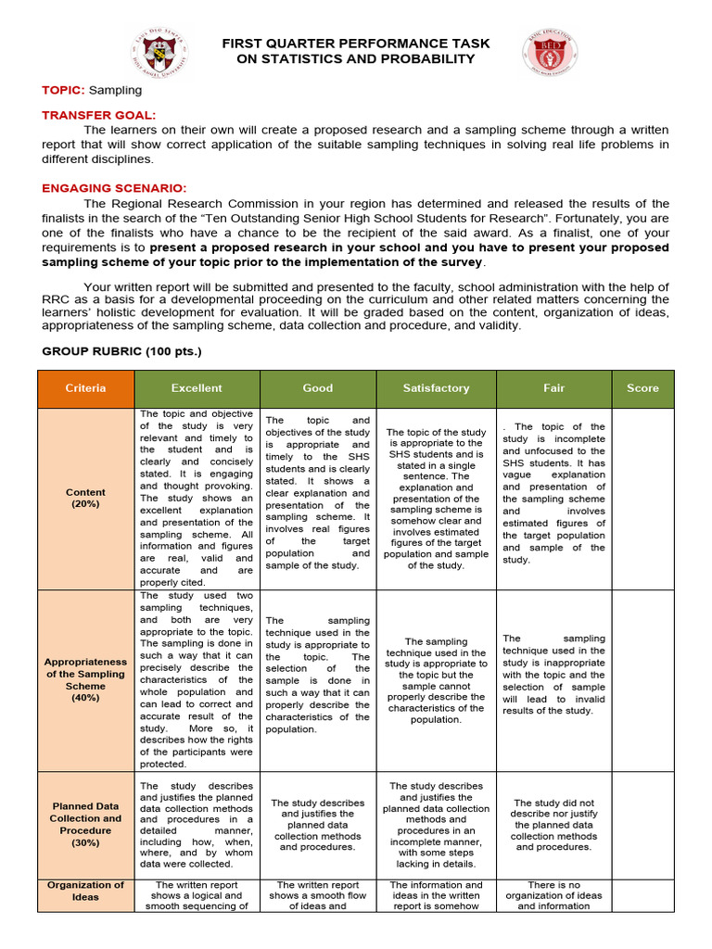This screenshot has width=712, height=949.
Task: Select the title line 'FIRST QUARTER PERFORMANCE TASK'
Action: coord(356,44)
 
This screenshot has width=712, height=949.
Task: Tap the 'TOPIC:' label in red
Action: coord(63,90)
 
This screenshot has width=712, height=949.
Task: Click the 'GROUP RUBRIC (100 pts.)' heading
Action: coord(121,351)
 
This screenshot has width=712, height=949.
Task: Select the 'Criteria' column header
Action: coord(86,388)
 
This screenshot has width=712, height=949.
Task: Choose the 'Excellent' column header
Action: coord(197,388)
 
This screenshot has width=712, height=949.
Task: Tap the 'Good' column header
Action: coord(318,388)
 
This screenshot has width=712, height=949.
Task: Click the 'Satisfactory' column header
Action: coord(436,388)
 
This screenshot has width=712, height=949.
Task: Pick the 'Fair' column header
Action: coord(553,388)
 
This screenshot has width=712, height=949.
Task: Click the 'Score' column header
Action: coord(642,388)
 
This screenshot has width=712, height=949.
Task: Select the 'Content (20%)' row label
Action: coord(86,499)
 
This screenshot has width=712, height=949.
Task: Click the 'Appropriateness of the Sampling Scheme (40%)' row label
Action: coord(86,680)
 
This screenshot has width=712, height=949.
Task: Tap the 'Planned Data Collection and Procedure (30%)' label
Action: coord(86,825)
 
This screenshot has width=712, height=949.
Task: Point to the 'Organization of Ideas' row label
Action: coord(86,892)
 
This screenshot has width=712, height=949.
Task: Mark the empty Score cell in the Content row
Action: coord(642,499)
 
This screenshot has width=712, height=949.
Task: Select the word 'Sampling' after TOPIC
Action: coord(116,90)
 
